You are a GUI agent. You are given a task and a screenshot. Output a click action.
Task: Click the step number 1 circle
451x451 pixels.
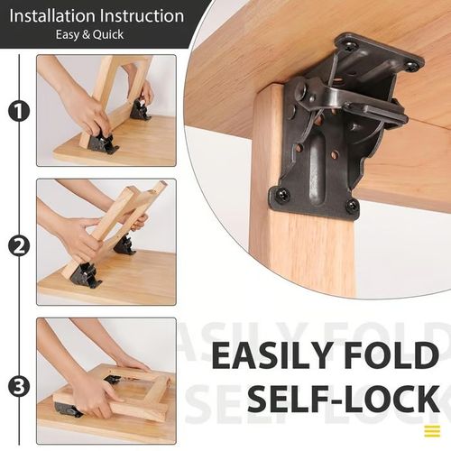coord(18,111)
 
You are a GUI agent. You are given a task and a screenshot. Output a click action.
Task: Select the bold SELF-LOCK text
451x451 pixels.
coord(343,398)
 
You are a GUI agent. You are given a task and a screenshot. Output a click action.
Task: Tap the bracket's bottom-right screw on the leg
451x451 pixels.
coord(352,206)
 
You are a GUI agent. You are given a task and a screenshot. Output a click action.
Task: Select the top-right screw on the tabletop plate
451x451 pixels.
coord(411,65)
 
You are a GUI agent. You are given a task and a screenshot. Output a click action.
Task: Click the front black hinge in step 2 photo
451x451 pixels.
coord(86,275)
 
